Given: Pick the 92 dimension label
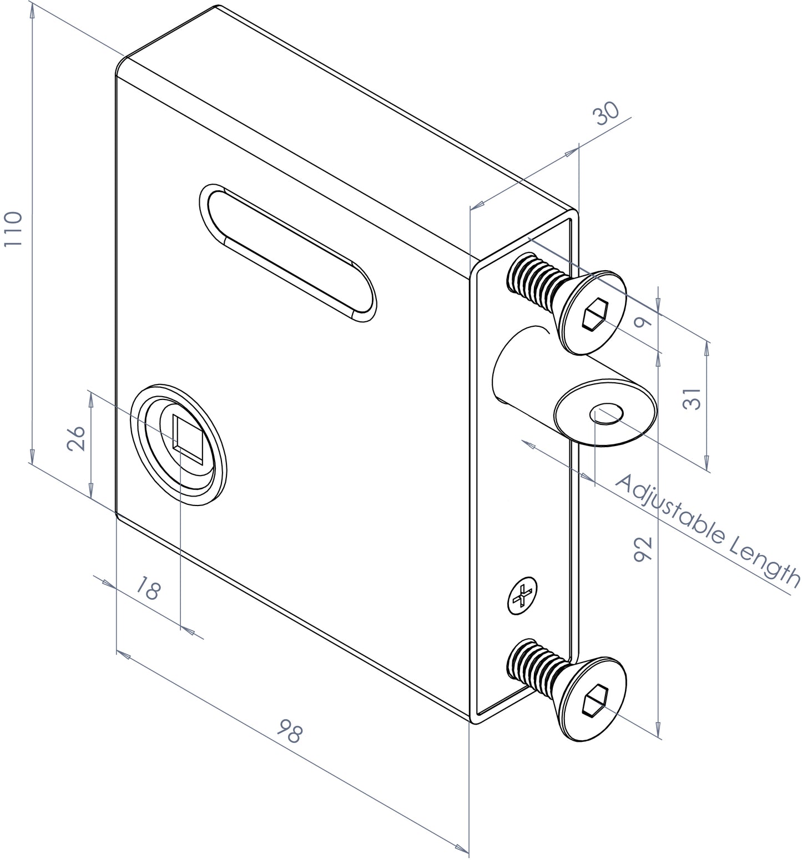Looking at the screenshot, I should point(642,550).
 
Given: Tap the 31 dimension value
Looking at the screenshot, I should point(692,398).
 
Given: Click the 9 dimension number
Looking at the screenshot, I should point(643,322).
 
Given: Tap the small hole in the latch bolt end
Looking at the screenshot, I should point(607,413).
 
